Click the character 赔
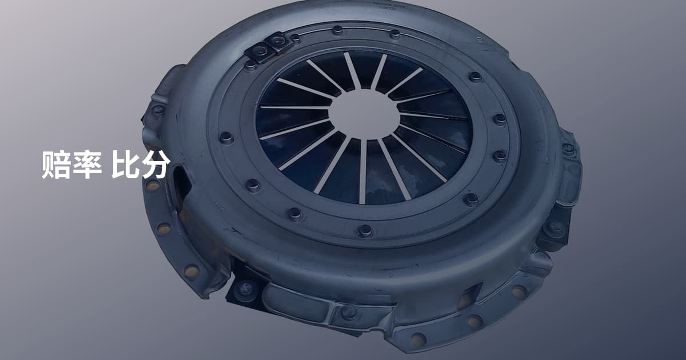click(57, 165)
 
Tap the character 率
click(87, 165)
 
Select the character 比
click(125, 165)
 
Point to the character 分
click(155, 165)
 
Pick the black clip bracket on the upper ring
click(269, 47)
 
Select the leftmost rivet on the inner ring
click(226, 138)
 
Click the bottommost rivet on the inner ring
click(365, 231)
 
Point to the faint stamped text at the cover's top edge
click(389, 7)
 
